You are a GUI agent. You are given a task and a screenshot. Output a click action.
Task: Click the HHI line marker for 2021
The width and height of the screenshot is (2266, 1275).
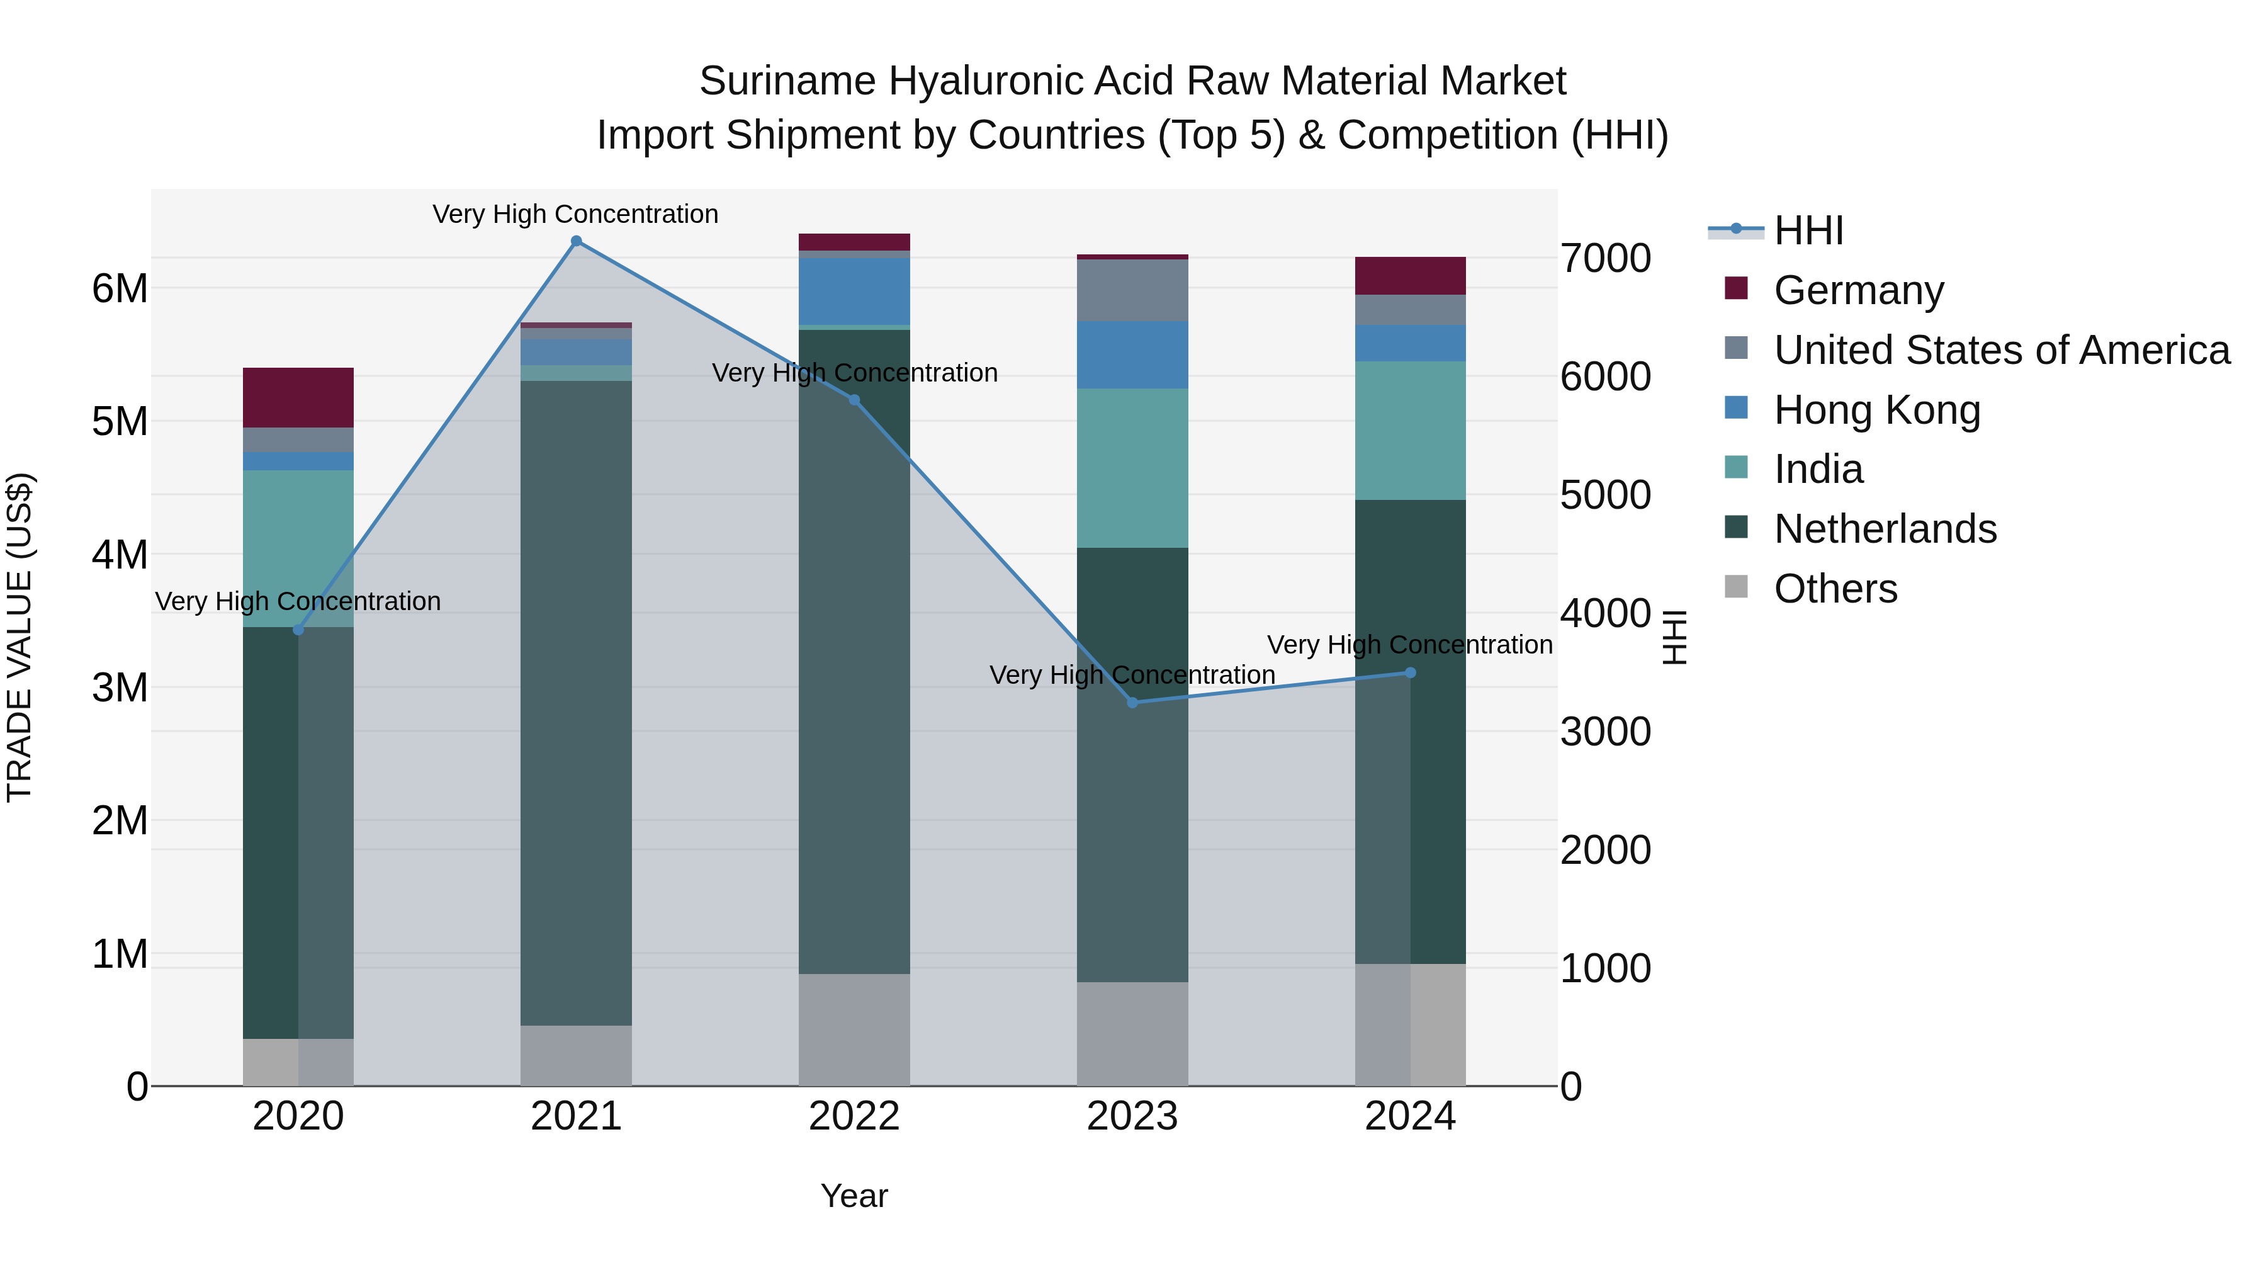click(576, 241)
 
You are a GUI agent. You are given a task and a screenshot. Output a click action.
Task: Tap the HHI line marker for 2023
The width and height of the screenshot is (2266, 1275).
click(1132, 702)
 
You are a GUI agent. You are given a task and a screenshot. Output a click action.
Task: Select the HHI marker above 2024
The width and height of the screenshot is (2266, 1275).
click(1410, 672)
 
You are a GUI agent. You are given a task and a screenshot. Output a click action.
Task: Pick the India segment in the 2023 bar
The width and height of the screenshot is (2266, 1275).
click(1132, 468)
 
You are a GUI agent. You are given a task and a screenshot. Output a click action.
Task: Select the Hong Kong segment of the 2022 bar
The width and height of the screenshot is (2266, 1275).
click(854, 292)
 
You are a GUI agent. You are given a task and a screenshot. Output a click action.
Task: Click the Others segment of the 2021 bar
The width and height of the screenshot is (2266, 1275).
click(576, 1055)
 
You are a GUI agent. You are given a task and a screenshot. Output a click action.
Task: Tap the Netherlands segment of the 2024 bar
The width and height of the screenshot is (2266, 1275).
click(1438, 730)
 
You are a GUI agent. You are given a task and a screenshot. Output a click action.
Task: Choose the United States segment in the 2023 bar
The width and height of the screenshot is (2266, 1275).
click(1132, 290)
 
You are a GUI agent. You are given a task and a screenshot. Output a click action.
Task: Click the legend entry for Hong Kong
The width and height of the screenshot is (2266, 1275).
click(1876, 410)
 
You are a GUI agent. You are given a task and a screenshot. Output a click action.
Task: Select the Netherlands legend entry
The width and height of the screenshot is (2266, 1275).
click(1884, 529)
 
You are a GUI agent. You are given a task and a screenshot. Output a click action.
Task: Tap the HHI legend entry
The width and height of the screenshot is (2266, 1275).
click(1808, 230)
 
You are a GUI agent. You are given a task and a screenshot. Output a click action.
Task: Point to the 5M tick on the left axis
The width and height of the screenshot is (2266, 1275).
click(120, 421)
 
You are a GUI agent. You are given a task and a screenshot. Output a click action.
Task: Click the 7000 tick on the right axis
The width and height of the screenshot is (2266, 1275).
click(1605, 259)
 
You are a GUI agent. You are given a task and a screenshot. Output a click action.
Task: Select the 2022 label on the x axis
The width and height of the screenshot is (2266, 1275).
click(854, 1116)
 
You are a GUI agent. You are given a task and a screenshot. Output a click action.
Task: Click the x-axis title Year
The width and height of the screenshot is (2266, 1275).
click(854, 1196)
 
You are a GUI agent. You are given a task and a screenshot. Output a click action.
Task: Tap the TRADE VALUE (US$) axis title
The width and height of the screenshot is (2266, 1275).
click(20, 637)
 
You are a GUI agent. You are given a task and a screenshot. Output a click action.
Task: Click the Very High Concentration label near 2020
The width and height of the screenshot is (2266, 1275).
click(298, 601)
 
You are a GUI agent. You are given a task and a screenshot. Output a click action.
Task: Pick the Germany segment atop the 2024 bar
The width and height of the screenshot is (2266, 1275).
click(1410, 275)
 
